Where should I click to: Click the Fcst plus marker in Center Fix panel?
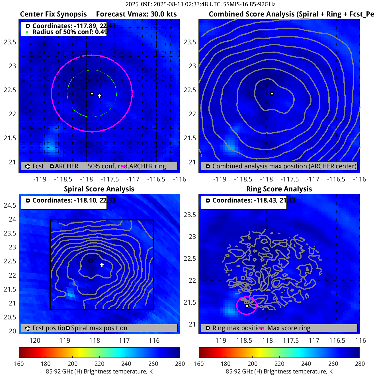(x=99, y=96)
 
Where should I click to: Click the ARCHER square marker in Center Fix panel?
(x=92, y=94)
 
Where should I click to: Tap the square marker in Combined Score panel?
(x=272, y=94)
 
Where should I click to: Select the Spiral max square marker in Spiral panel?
(x=91, y=261)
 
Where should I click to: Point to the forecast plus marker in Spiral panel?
(x=102, y=265)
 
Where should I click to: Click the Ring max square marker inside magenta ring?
(x=247, y=306)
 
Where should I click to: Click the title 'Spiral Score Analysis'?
(x=99, y=189)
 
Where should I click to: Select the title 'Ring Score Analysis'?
(x=279, y=189)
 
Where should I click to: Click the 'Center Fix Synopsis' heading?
(x=53, y=14)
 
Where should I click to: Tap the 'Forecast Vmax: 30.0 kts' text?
(x=136, y=14)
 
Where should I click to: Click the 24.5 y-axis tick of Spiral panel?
(x=10, y=205)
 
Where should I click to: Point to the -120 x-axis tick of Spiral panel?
(x=34, y=340)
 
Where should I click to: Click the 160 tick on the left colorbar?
(x=19, y=364)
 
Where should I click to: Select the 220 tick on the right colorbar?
(x=279, y=364)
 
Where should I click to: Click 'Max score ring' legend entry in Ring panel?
(x=289, y=328)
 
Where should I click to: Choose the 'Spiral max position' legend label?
(x=99, y=328)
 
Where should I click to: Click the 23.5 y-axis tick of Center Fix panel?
(x=10, y=42)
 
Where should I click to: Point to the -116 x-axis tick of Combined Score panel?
(x=359, y=179)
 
